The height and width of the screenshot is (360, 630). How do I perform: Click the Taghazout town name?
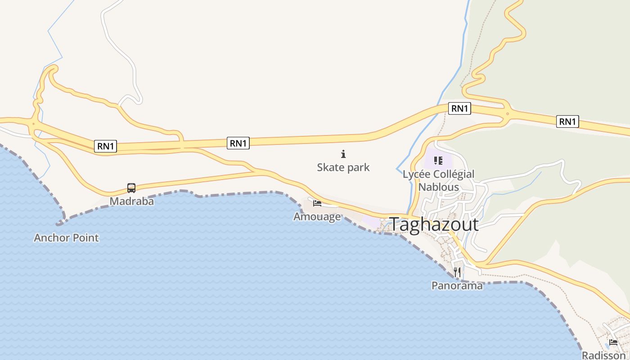(434, 224)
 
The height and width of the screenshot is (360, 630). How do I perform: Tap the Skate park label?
(343, 167)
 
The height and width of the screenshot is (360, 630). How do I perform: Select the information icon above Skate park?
(343, 154)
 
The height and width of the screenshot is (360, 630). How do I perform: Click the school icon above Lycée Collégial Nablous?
(438, 160)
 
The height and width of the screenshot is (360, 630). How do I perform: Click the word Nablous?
(439, 187)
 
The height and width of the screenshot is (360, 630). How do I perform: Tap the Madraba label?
(131, 201)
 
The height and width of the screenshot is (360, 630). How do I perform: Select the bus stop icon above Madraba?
(131, 188)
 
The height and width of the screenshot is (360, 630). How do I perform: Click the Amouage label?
(317, 217)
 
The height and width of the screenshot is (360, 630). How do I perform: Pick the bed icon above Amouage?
(317, 203)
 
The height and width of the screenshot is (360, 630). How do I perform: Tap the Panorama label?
(457, 286)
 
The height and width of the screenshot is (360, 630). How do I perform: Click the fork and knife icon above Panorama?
(457, 272)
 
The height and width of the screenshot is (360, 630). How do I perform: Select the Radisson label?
(604, 355)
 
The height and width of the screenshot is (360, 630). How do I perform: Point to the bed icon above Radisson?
(613, 342)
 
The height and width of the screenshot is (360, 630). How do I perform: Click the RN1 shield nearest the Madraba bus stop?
(106, 146)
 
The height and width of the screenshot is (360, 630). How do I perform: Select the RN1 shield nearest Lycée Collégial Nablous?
(459, 108)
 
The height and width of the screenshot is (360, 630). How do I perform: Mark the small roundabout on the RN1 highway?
(507, 113)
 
